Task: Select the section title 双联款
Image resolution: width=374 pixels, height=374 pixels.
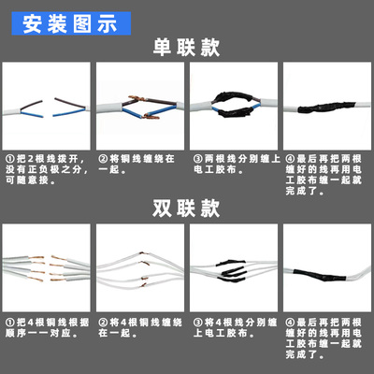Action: tap(187, 207)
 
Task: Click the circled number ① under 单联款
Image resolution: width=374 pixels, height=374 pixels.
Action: tap(9, 159)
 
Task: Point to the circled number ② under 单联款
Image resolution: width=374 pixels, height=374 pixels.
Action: tap(102, 159)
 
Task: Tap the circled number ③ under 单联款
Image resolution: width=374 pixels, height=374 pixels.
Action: tap(195, 159)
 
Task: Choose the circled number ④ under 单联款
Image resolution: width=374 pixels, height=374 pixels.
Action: tap(288, 159)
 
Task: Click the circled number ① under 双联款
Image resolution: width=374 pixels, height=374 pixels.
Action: tap(9, 320)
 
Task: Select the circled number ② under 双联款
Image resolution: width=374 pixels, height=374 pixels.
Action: tap(102, 320)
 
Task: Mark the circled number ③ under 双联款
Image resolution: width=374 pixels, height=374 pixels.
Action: tap(195, 320)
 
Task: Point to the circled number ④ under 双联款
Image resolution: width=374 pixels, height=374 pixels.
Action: tap(288, 320)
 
